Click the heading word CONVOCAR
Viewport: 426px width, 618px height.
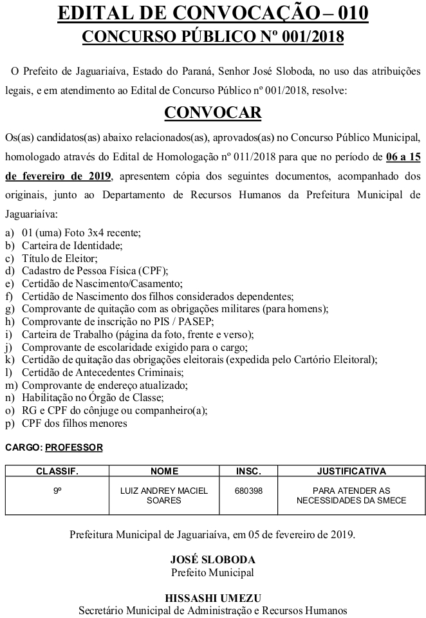[x=213, y=113]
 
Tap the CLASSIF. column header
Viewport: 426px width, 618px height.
[x=57, y=471]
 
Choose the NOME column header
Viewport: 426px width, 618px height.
[x=164, y=471]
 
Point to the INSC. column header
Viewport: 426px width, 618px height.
[x=249, y=471]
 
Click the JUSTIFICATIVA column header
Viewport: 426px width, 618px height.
[x=351, y=471]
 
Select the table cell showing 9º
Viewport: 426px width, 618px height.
[x=57, y=491]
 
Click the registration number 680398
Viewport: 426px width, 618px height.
[x=249, y=491]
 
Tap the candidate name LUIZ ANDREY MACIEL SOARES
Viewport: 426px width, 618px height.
[x=164, y=496]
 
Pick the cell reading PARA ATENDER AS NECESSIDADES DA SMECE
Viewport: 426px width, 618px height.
[x=351, y=496]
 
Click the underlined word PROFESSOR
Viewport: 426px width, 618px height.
[x=74, y=447]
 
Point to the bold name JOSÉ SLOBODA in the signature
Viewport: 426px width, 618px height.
[x=213, y=559]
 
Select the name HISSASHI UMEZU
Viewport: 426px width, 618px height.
[x=213, y=597]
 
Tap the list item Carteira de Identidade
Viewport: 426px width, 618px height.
[x=71, y=245]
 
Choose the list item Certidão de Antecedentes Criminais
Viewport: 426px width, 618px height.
[x=93, y=373]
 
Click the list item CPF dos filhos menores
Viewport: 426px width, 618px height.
[x=74, y=424]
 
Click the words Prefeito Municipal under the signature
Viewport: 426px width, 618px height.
[x=213, y=572]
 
